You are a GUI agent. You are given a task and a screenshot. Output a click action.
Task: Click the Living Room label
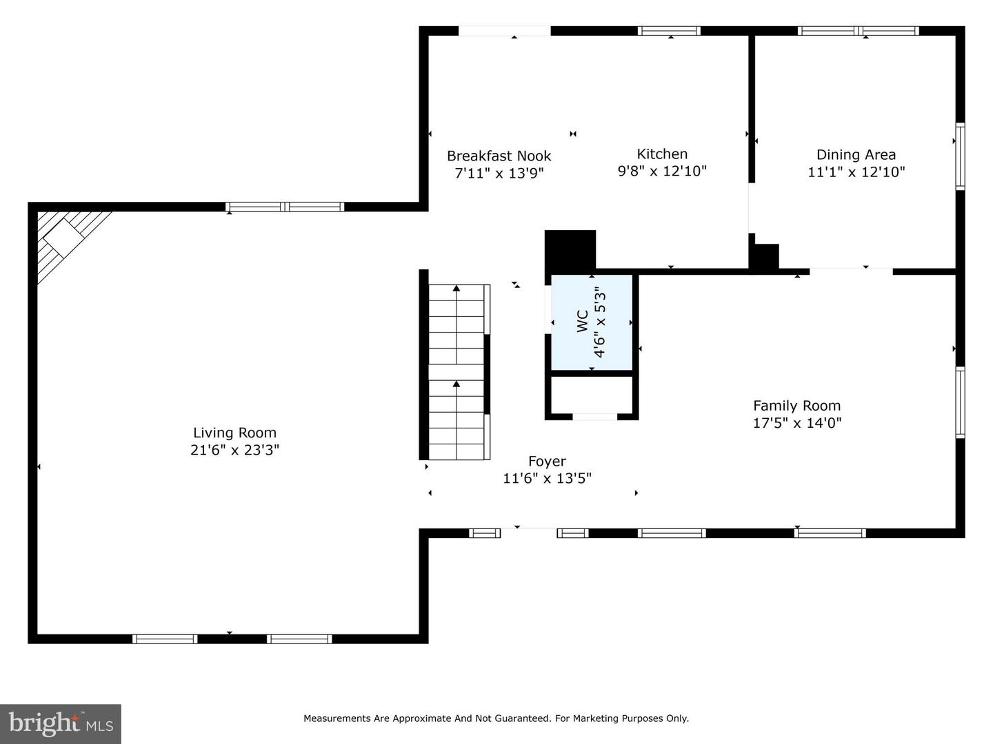click(x=234, y=433)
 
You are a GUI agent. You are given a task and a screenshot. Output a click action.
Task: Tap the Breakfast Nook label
click(x=499, y=156)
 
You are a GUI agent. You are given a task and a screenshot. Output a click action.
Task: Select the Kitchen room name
click(x=662, y=154)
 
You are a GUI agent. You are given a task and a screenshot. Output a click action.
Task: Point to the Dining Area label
click(x=856, y=155)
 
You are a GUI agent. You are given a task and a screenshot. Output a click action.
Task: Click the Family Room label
click(x=796, y=406)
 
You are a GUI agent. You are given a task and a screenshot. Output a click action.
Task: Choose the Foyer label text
click(x=547, y=462)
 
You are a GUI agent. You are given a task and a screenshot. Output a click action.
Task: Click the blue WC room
click(x=591, y=322)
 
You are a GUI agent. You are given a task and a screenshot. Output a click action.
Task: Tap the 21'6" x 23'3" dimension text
click(x=234, y=450)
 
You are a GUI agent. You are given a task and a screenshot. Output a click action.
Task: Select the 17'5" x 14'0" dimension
click(x=796, y=423)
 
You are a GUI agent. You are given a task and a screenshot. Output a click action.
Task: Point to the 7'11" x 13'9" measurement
click(x=499, y=173)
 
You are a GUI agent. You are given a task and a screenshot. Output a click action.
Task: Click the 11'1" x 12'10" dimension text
click(x=856, y=172)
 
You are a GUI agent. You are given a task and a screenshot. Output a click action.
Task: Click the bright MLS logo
click(x=61, y=723)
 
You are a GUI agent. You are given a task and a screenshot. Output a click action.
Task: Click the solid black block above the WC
click(x=570, y=251)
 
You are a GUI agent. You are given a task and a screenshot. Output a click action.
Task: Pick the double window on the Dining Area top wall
click(x=859, y=31)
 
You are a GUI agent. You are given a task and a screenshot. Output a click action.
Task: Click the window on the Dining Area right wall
click(x=960, y=156)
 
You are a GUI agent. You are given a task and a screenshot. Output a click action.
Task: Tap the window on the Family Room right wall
click(x=960, y=402)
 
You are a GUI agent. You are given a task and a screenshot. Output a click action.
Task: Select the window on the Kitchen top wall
click(x=669, y=31)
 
